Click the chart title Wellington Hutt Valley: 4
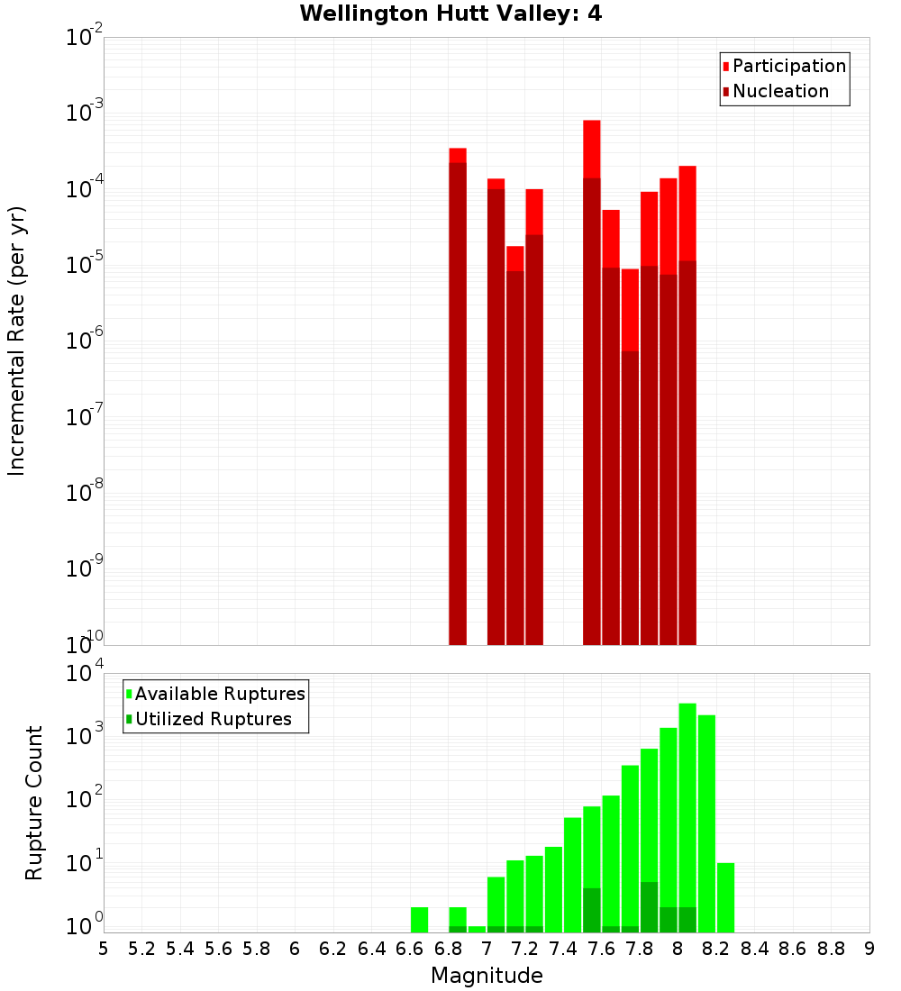click(450, 14)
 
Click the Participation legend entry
click(789, 66)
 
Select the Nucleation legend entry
click(780, 91)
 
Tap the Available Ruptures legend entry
click(220, 694)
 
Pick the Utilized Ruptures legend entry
click(213, 719)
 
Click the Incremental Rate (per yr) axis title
click(17, 341)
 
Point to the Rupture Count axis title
click(34, 803)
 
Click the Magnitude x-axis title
click(487, 976)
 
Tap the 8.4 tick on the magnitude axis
click(754, 949)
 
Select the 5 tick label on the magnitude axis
click(104, 949)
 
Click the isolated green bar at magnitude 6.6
click(419, 920)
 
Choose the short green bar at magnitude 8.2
click(726, 897)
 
